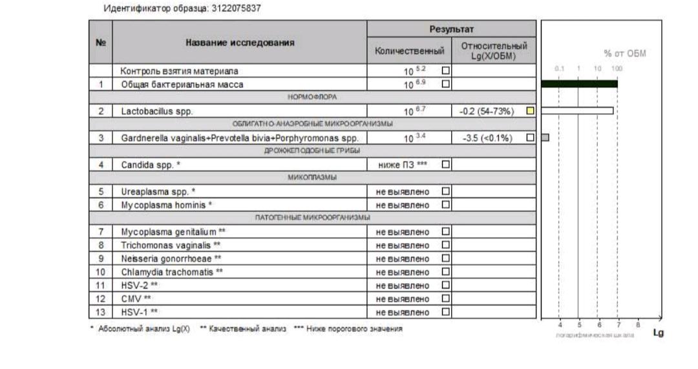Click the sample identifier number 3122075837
237,8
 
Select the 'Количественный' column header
410,50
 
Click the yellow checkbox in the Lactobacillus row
530,111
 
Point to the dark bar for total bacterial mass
578,83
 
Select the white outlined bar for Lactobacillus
576,111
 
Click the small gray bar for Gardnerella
545,137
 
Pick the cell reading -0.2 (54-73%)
486,111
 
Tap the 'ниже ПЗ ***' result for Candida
403,165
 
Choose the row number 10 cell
100,271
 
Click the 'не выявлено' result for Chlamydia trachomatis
403,271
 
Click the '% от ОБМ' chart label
624,54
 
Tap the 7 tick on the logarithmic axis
619,325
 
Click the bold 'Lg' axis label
658,333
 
